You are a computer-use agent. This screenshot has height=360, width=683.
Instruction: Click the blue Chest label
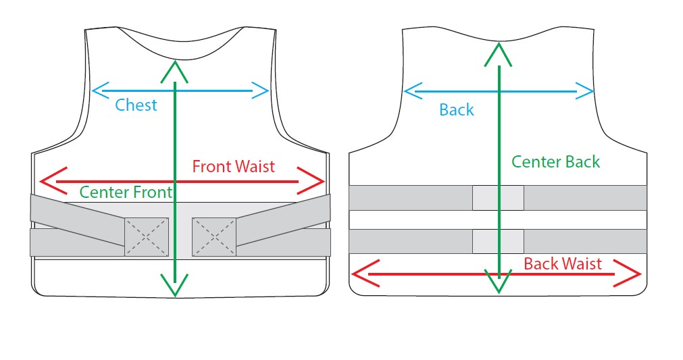[136, 105]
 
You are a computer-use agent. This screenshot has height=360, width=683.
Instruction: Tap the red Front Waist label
[233, 166]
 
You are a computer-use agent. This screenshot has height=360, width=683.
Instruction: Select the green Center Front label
[126, 192]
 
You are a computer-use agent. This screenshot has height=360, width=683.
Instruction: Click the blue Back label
[457, 109]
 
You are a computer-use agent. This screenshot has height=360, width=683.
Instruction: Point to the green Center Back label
[555, 161]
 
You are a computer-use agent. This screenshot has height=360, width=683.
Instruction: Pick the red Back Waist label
[562, 263]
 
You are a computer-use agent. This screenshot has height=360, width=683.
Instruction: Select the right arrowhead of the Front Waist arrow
[318, 181]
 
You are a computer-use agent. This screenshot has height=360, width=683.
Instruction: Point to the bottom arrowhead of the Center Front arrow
[175, 288]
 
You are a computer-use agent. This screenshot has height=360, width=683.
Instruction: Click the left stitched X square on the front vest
[147, 236]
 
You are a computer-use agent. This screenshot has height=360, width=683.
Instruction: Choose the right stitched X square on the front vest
[214, 236]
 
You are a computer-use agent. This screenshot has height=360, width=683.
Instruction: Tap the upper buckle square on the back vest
[498, 197]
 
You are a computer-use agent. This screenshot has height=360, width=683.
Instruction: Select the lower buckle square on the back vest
[498, 241]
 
